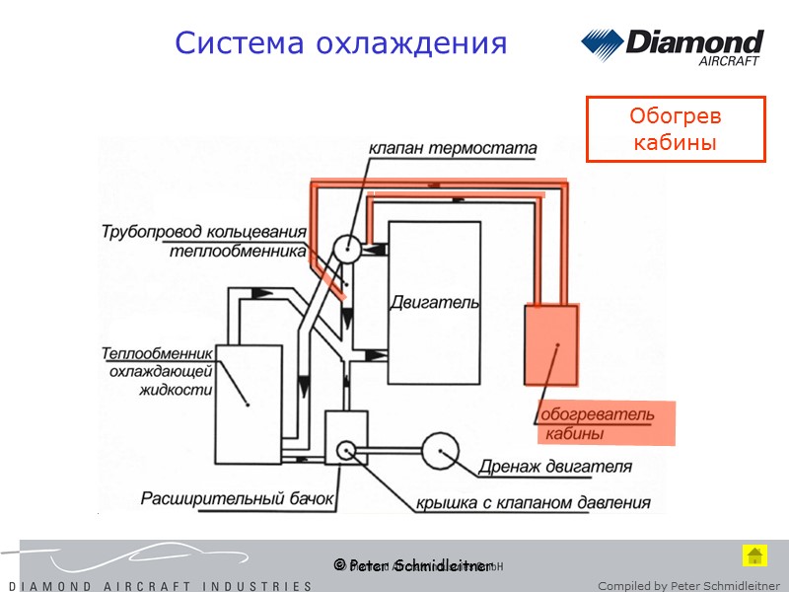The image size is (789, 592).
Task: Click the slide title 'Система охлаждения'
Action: click(340, 43)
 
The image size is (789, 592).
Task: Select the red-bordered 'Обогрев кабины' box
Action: click(676, 129)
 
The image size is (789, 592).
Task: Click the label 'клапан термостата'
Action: click(453, 148)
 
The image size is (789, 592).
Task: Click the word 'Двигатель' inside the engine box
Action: click(435, 301)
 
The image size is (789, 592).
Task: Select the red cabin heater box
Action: click(550, 345)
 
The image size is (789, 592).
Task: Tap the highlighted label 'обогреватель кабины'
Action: click(597, 423)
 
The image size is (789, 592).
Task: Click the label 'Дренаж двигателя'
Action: click(555, 467)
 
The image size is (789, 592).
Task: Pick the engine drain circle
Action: click(440, 451)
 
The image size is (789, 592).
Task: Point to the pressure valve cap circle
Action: click(346, 450)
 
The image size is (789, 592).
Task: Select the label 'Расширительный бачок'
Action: click(239, 498)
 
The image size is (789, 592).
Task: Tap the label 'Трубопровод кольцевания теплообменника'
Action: click(204, 241)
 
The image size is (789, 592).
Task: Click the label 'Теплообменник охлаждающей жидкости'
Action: click(158, 371)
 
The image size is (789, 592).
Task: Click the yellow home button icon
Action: click(754, 555)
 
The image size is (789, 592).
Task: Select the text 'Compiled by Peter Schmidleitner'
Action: click(688, 586)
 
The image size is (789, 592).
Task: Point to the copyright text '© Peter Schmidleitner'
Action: click(412, 565)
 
